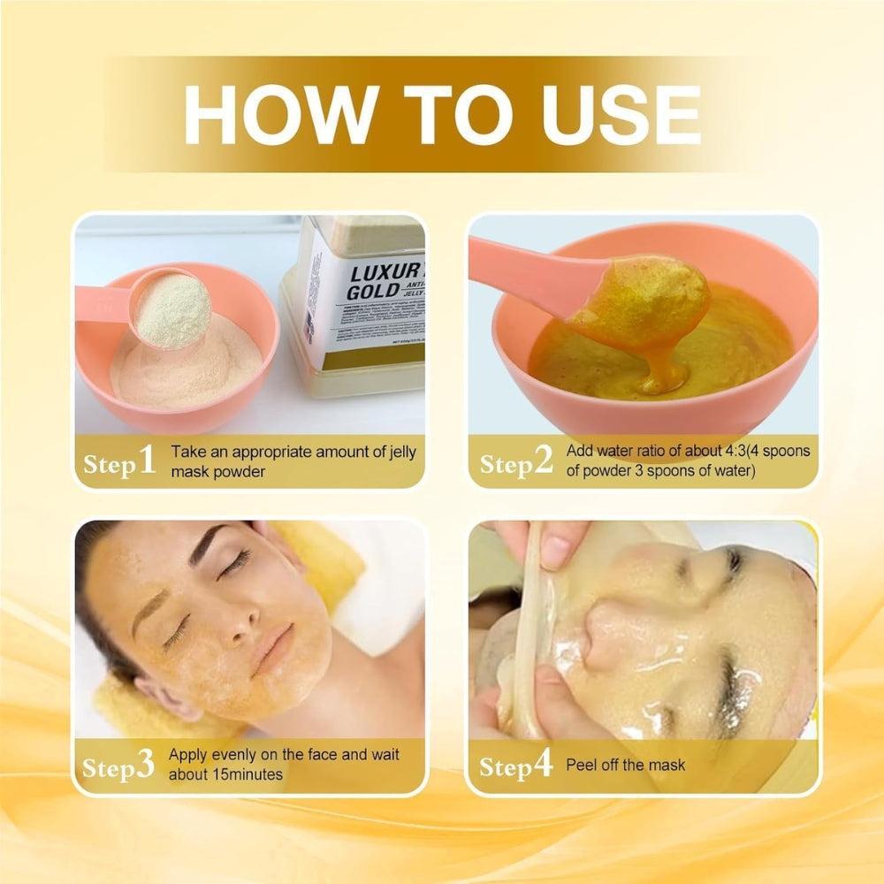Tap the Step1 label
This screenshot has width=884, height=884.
(119, 462)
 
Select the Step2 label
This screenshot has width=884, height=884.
(516, 462)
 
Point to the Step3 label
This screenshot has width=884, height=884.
(119, 766)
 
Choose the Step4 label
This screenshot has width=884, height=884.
(516, 766)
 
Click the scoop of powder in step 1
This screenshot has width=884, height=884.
(171, 309)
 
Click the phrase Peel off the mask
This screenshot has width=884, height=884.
(625, 766)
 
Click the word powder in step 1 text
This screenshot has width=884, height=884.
(237, 472)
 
